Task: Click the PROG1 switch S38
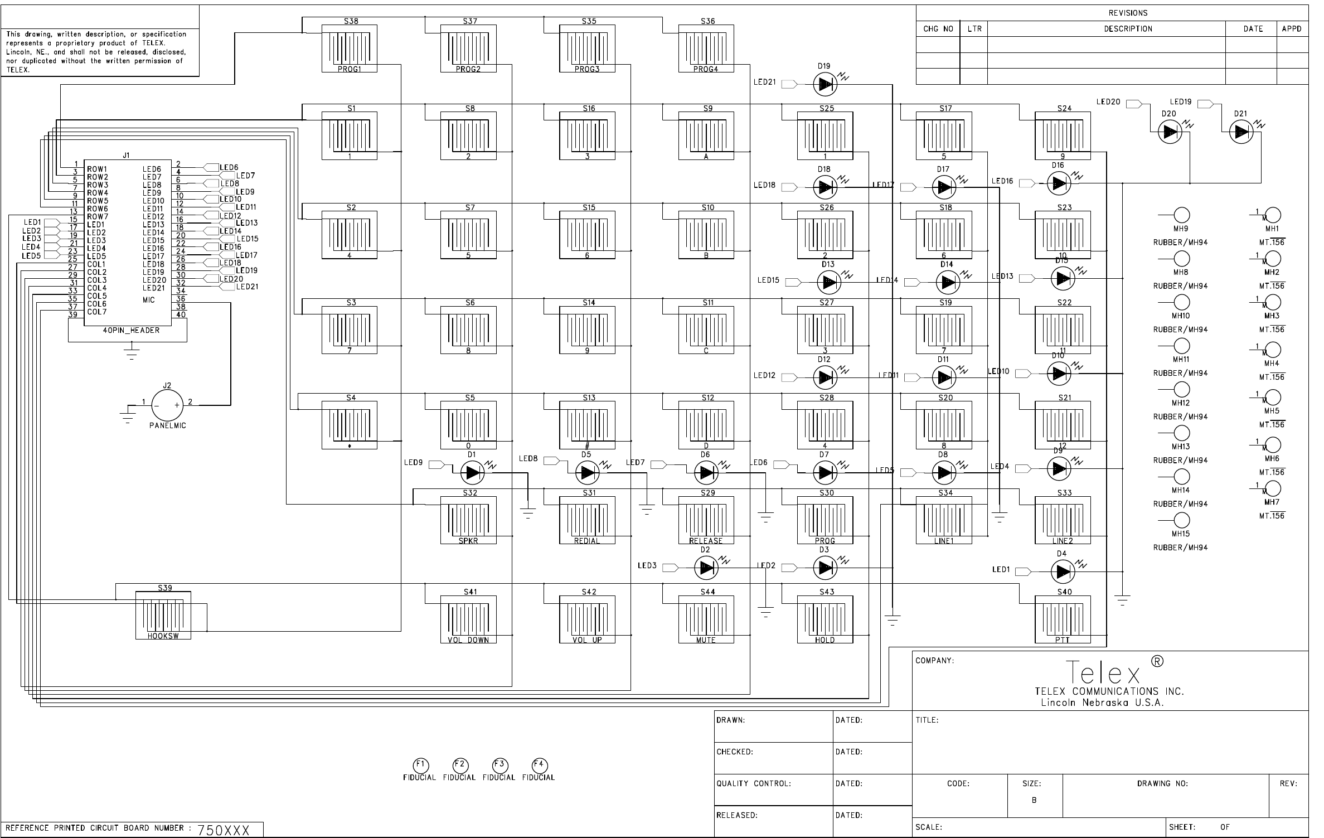point(350,49)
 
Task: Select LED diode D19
point(825,85)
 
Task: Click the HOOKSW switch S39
point(163,615)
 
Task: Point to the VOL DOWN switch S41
point(468,619)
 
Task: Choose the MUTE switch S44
point(706,619)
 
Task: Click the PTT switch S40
point(1063,619)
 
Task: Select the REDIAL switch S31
point(587,520)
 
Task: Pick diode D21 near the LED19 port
point(1241,132)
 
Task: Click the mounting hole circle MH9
point(1182,215)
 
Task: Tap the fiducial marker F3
point(499,765)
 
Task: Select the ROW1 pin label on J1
point(97,169)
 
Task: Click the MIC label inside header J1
point(149,300)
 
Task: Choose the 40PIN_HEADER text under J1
point(131,331)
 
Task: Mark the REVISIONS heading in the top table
point(1128,13)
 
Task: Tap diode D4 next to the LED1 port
point(1063,571)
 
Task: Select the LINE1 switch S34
point(944,520)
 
